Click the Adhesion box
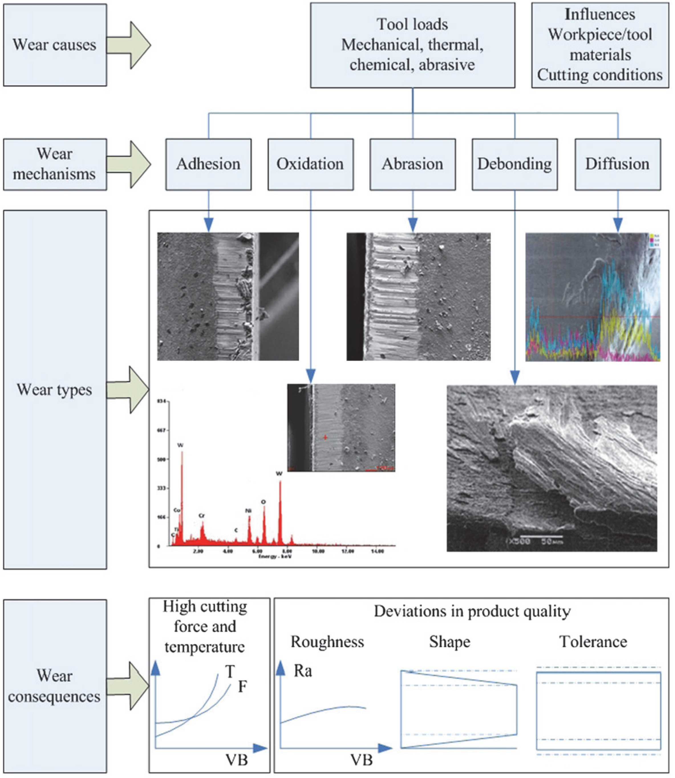(x=208, y=164)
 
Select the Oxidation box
(x=310, y=164)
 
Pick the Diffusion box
(x=617, y=164)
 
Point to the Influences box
(x=600, y=45)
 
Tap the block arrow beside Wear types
(x=128, y=390)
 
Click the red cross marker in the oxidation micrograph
(x=325, y=437)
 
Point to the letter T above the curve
(x=230, y=671)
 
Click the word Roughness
(x=327, y=642)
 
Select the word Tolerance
(x=593, y=642)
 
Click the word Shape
(x=450, y=642)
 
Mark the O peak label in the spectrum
(x=263, y=502)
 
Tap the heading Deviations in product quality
(x=472, y=611)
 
